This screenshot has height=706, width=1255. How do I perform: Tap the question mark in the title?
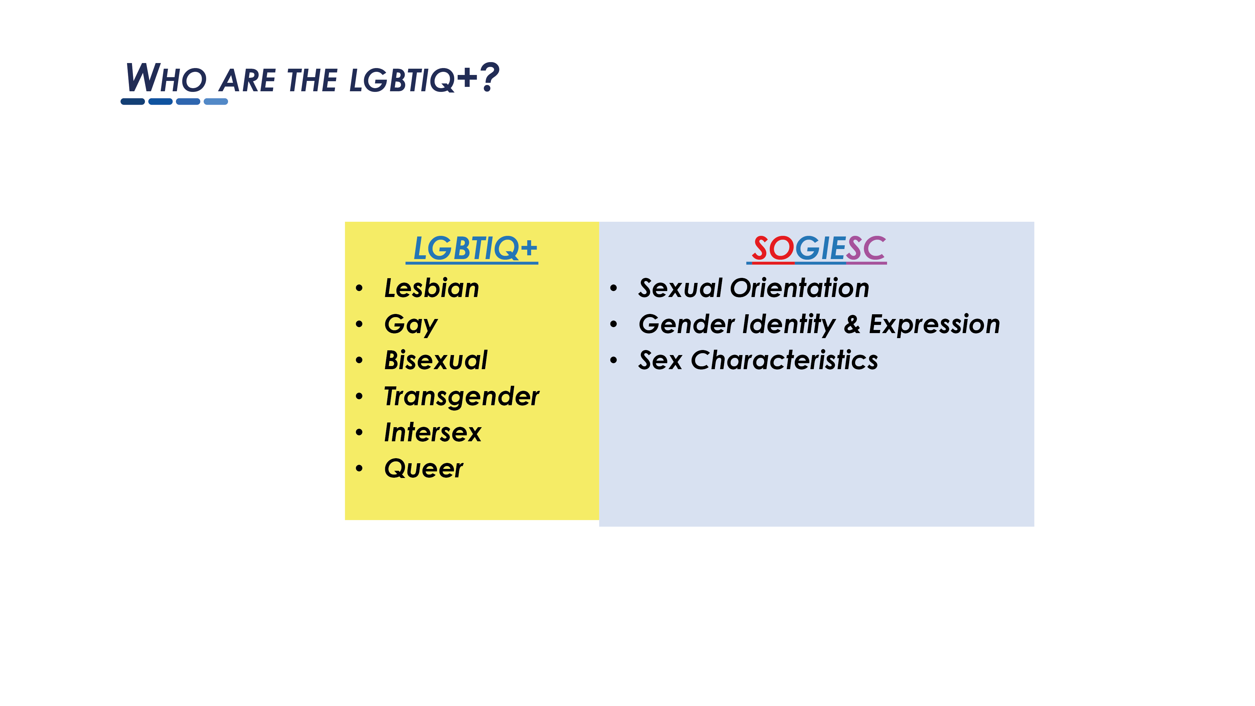(x=489, y=77)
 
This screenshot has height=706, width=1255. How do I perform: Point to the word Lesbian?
(x=432, y=288)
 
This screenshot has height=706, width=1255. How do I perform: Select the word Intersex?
(x=433, y=432)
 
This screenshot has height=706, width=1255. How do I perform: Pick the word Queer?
(x=423, y=469)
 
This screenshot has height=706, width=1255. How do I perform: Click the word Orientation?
(x=800, y=288)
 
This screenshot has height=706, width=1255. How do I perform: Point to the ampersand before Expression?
(x=852, y=324)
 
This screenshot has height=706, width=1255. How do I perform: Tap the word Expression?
(x=934, y=325)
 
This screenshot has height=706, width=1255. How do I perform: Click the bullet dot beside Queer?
(x=359, y=469)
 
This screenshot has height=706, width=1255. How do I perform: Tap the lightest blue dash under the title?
(x=216, y=101)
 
